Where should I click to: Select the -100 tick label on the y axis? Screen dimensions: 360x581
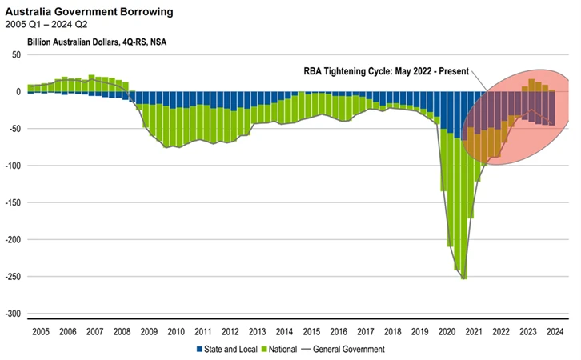pos(13,166)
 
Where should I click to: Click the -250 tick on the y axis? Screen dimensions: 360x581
pos(13,277)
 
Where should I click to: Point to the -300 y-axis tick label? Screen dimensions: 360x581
pos(13,314)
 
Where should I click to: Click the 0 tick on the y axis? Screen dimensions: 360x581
pos(18,91)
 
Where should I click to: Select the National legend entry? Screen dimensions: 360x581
pos(281,349)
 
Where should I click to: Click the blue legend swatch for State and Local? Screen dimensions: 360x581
pos(199,349)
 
